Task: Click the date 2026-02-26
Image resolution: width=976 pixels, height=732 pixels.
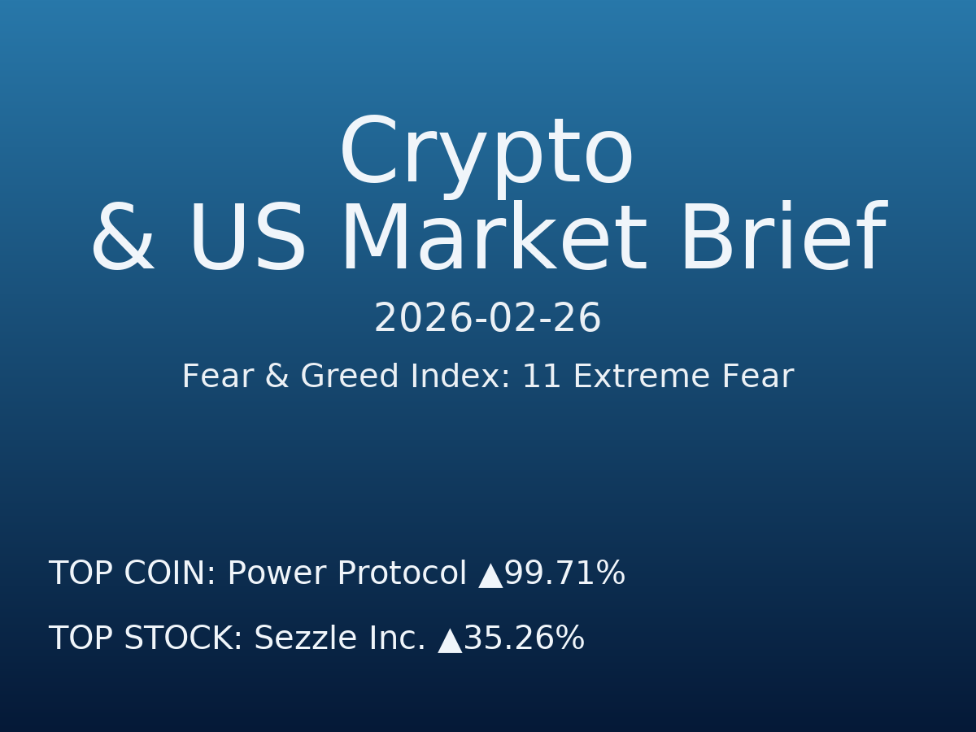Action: pyautogui.click(x=487, y=319)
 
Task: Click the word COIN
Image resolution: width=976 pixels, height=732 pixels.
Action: pyautogui.click(x=170, y=574)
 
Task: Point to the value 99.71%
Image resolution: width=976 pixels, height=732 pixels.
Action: pyautogui.click(x=564, y=574)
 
